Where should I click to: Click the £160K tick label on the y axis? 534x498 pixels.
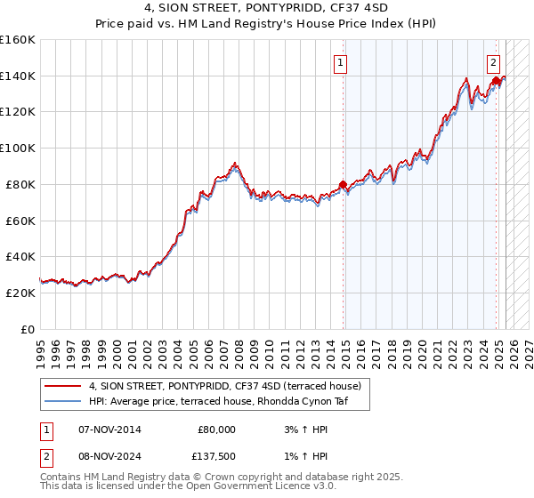pos(18,40)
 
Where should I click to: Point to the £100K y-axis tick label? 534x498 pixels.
pos(18,149)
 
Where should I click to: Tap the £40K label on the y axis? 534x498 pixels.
pos(21,257)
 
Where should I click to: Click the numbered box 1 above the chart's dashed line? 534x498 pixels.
pos(341,63)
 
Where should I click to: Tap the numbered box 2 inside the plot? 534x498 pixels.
pos(494,63)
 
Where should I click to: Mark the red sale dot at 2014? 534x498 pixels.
pos(343,185)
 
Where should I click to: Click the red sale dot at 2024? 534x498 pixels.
pos(495,81)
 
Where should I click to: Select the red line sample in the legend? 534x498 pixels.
pos(62,387)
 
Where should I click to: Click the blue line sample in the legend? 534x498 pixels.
pos(62,402)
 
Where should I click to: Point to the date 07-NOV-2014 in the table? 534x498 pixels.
pos(110,430)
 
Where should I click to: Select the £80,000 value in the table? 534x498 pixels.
pos(216,430)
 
